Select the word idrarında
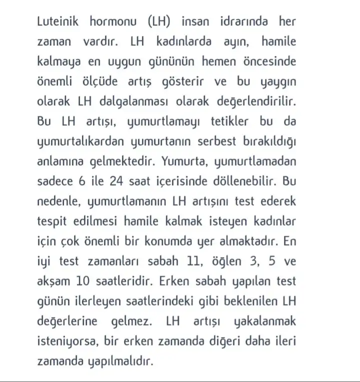243,23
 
